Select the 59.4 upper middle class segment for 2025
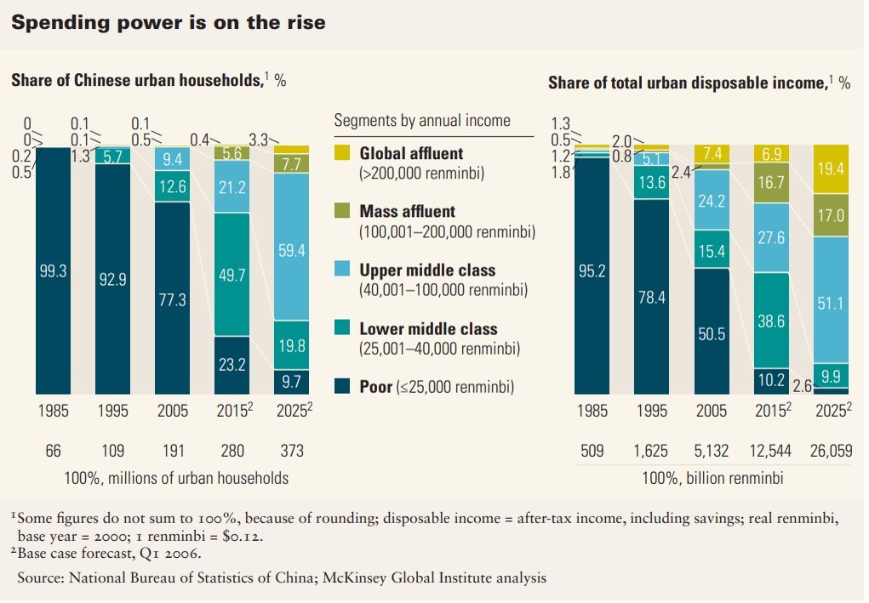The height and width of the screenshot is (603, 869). [x=292, y=251]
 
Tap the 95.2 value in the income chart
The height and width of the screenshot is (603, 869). [x=592, y=272]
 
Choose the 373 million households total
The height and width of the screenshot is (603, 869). [x=291, y=451]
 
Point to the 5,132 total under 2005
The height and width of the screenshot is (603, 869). [x=712, y=452]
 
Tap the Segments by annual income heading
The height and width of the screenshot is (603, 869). [x=422, y=121]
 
